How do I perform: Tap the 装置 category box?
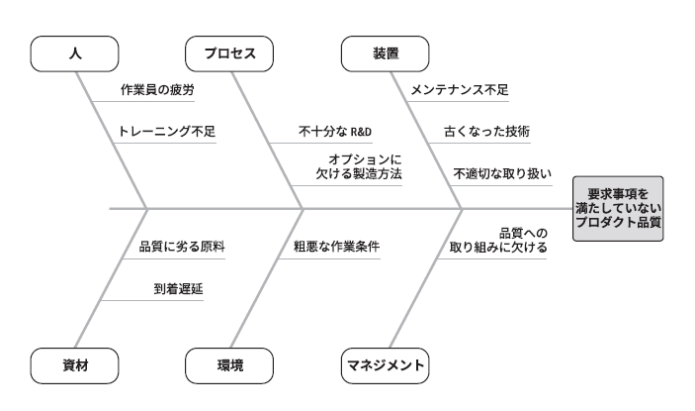pyautogui.click(x=386, y=54)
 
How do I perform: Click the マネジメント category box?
pyautogui.click(x=386, y=365)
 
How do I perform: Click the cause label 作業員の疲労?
pyautogui.click(x=156, y=89)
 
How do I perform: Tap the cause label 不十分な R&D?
pyautogui.click(x=334, y=131)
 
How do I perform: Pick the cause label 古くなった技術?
pyautogui.click(x=487, y=131)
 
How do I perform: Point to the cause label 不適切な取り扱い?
pyautogui.click(x=501, y=172)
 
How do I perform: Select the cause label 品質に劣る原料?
pyautogui.click(x=182, y=247)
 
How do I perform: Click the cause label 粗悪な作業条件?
pyautogui.click(x=337, y=247)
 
